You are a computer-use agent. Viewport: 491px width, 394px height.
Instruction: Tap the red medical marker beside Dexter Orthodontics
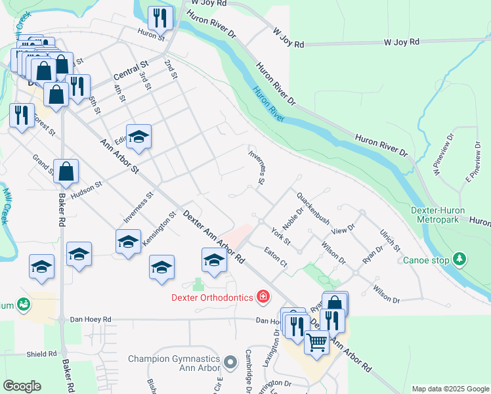(263, 297)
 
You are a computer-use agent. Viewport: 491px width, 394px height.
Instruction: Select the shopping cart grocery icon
(316, 342)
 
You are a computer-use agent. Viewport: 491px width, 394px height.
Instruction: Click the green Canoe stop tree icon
(460, 260)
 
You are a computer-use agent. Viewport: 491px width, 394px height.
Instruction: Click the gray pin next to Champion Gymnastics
(230, 362)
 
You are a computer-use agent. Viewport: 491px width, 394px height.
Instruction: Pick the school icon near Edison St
(139, 137)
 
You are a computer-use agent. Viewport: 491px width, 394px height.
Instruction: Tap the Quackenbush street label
(312, 208)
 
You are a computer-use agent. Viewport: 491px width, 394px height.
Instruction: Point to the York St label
(280, 236)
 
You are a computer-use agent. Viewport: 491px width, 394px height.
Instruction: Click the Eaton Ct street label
(276, 255)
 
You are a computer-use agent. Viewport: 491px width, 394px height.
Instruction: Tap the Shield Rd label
(42, 354)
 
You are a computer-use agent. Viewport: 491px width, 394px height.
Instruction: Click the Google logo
(22, 386)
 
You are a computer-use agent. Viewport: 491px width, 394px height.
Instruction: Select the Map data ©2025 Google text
(450, 389)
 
